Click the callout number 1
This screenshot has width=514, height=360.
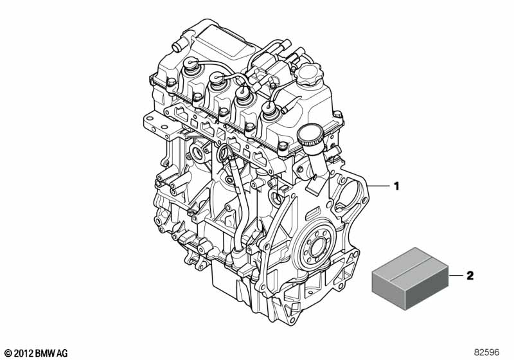(396, 186)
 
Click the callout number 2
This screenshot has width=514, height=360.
(470, 276)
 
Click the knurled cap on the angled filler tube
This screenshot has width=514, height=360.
(310, 136)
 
